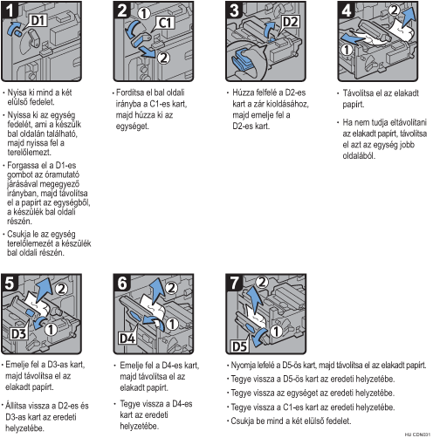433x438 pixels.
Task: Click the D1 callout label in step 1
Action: pyautogui.click(x=39, y=21)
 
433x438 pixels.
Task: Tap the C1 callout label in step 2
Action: pyautogui.click(x=166, y=23)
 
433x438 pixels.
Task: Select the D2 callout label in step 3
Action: pyautogui.click(x=290, y=22)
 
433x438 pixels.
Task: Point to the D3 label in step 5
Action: pyautogui.click(x=18, y=333)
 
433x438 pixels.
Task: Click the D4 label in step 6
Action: pyautogui.click(x=127, y=339)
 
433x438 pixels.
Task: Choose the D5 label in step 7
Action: pyautogui.click(x=240, y=346)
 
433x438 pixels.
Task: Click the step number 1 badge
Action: pyautogui.click(x=10, y=10)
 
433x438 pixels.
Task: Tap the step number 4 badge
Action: pyautogui.click(x=347, y=10)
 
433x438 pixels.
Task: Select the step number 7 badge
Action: pyautogui.click(x=235, y=283)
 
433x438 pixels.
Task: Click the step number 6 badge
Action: pyautogui.click(x=122, y=283)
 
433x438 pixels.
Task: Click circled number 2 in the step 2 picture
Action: pyautogui.click(x=163, y=58)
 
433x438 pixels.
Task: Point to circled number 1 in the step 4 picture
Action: pyautogui.click(x=347, y=50)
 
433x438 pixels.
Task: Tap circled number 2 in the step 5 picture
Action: pyautogui.click(x=61, y=289)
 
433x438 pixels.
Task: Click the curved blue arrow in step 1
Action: pyautogui.click(x=11, y=28)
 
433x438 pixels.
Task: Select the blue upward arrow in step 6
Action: pyautogui.click(x=156, y=291)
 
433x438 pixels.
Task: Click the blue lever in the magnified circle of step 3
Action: pyautogui.click(x=242, y=59)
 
